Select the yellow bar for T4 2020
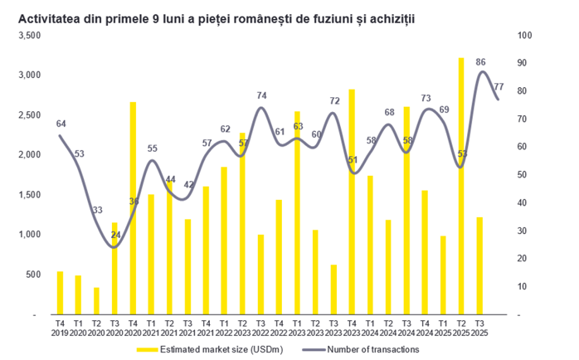pyautogui.click(x=133, y=208)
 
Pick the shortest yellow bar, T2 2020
pyautogui.click(x=96, y=301)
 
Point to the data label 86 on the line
pyautogui.click(x=480, y=62)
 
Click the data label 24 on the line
pyautogui.click(x=115, y=235)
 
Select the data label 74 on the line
pyautogui.click(x=261, y=95)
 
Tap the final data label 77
pyautogui.click(x=499, y=86)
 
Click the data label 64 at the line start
pyautogui.click(x=61, y=124)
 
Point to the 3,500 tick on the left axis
pyautogui.click(x=29, y=36)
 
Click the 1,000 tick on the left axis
pyautogui.click(x=29, y=235)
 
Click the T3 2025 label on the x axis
pyautogui.click(x=480, y=327)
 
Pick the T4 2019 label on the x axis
pyautogui.click(x=60, y=327)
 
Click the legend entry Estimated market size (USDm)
pyautogui.click(x=212, y=349)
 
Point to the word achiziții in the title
pyautogui.click(x=392, y=16)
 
